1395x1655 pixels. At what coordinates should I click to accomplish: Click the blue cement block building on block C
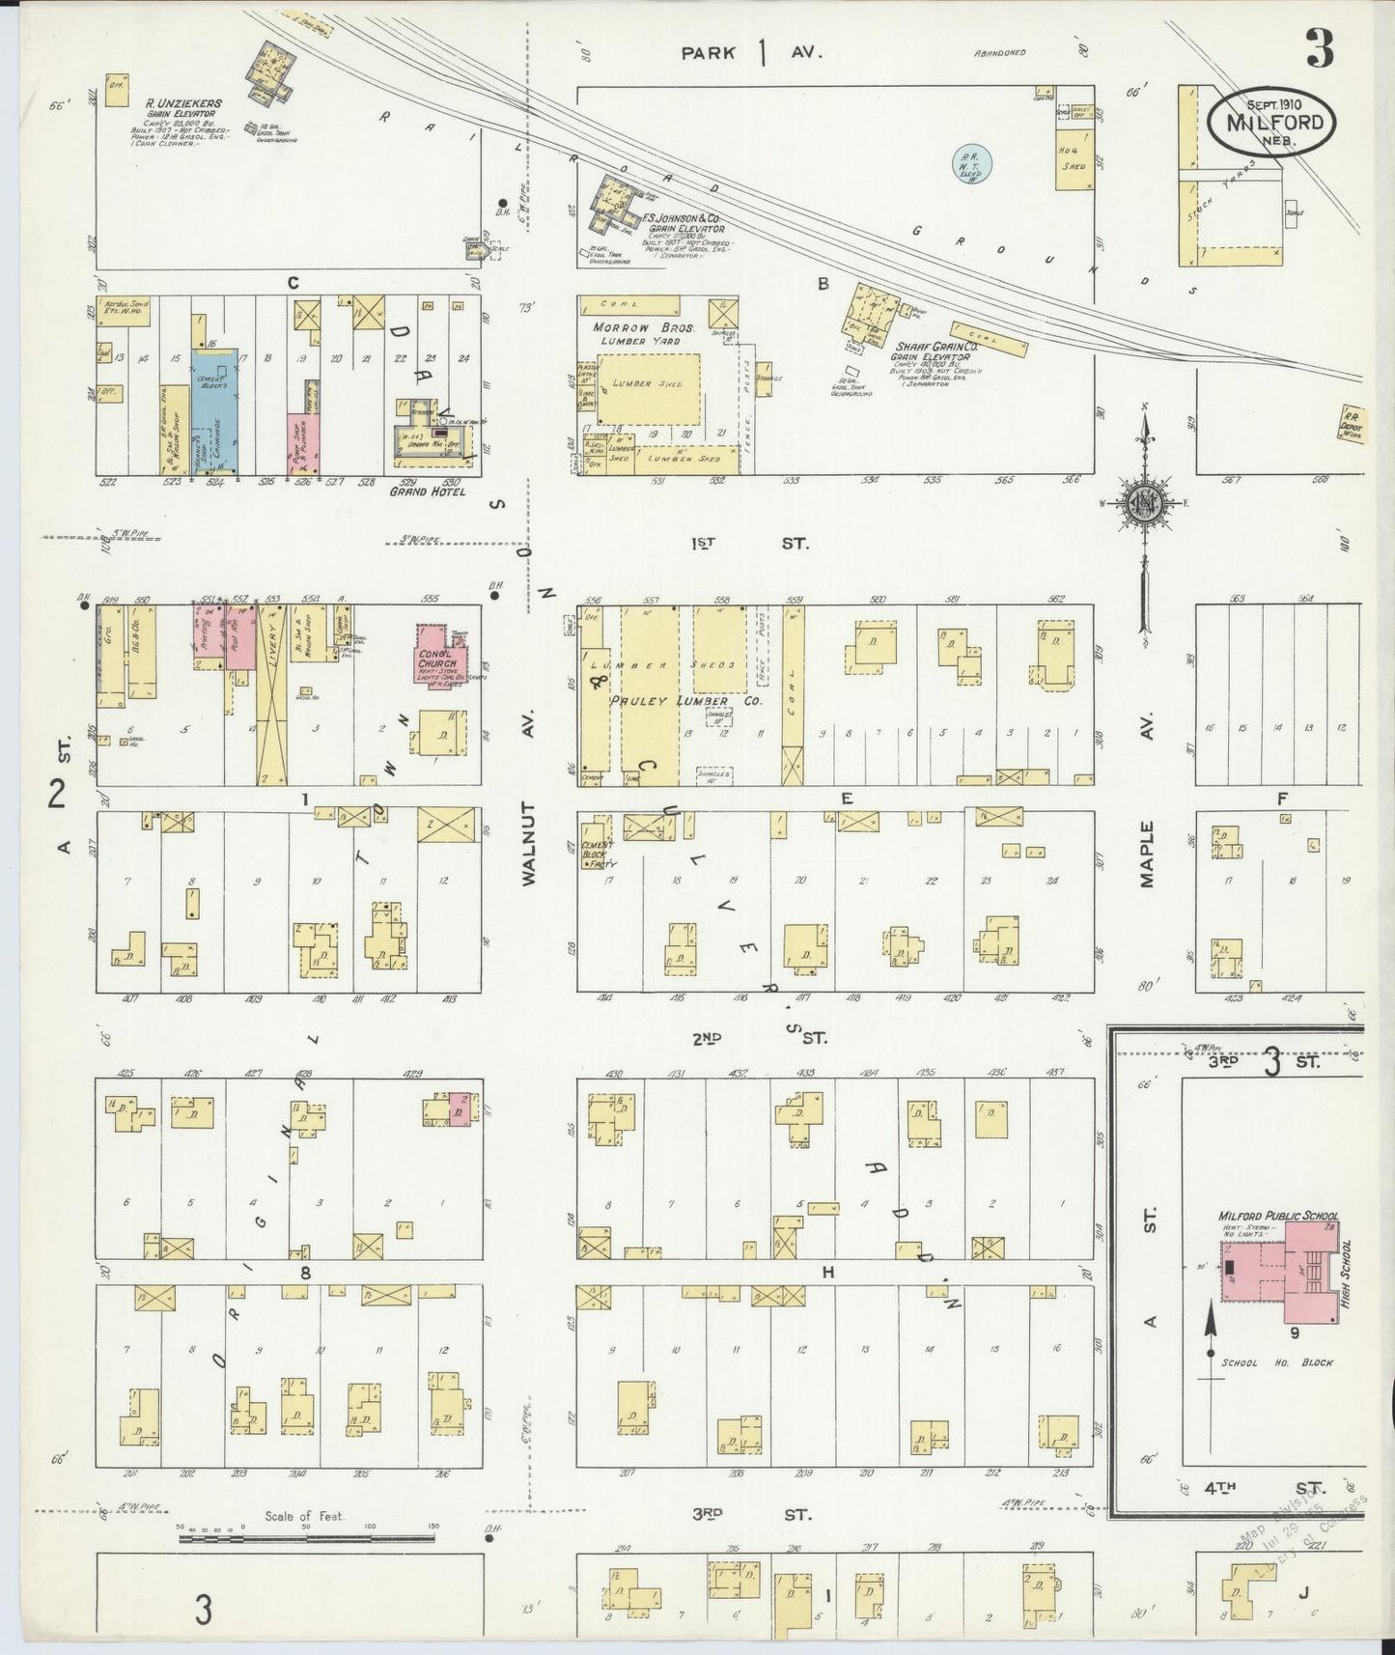coord(210,411)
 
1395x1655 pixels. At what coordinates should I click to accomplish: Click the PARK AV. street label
coord(751,53)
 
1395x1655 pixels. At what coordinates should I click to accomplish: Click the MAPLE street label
coord(1148,854)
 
